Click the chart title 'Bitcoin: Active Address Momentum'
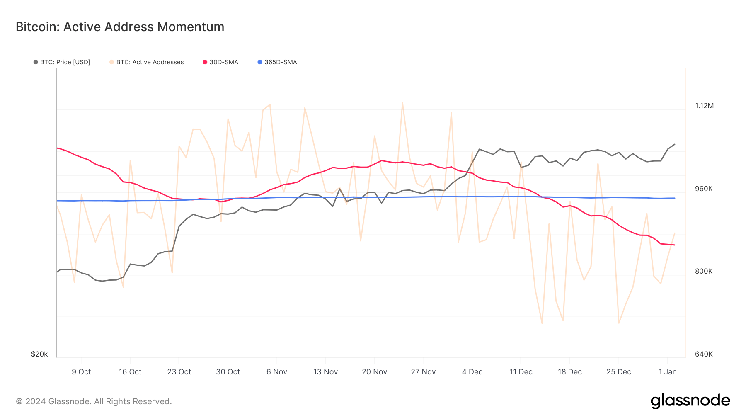pyautogui.click(x=120, y=27)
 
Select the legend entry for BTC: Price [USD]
pyautogui.click(x=62, y=62)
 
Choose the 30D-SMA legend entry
pyautogui.click(x=220, y=62)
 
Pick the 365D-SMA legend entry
pyautogui.click(x=277, y=62)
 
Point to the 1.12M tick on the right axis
pyautogui.click(x=704, y=106)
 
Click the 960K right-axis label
pyautogui.click(x=704, y=189)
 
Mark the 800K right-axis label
pyautogui.click(x=704, y=271)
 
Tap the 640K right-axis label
pyautogui.click(x=704, y=354)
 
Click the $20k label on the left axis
pyautogui.click(x=39, y=354)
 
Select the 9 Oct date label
pyautogui.click(x=81, y=372)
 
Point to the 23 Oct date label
pyautogui.click(x=179, y=372)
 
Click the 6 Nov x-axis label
pyautogui.click(x=277, y=372)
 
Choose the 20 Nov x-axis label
pyautogui.click(x=374, y=372)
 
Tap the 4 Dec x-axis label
pyautogui.click(x=472, y=372)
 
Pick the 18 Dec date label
pyautogui.click(x=569, y=372)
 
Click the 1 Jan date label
pyautogui.click(x=667, y=372)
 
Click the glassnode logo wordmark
pyautogui.click(x=690, y=401)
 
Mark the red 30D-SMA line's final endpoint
pyautogui.click(x=675, y=245)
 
